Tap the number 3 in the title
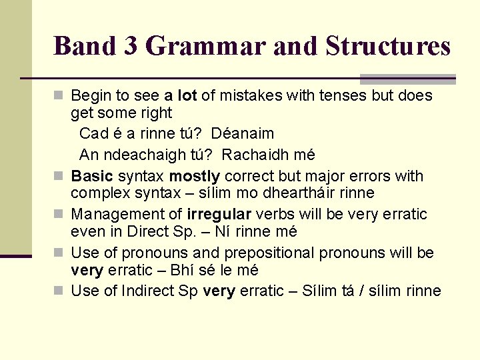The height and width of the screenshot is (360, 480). pos(130,46)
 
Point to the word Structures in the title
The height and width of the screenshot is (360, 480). pos(388,46)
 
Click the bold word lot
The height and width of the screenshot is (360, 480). pos(187,95)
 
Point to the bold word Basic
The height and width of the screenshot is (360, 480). pos(92,176)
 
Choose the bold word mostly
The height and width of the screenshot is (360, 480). pos(194,176)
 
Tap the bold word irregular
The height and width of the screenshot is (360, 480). pos(219,215)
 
